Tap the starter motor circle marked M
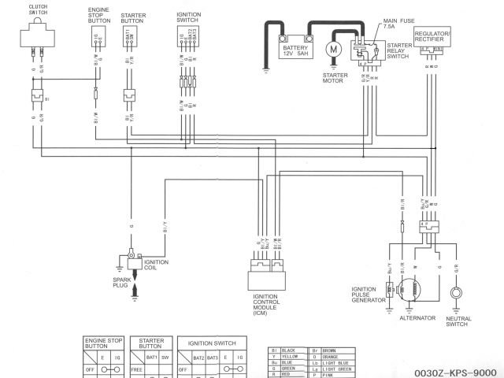pos(333,49)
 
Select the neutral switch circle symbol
pos(456,294)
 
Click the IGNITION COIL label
pos(155,265)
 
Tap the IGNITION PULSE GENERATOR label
pos(369,294)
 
